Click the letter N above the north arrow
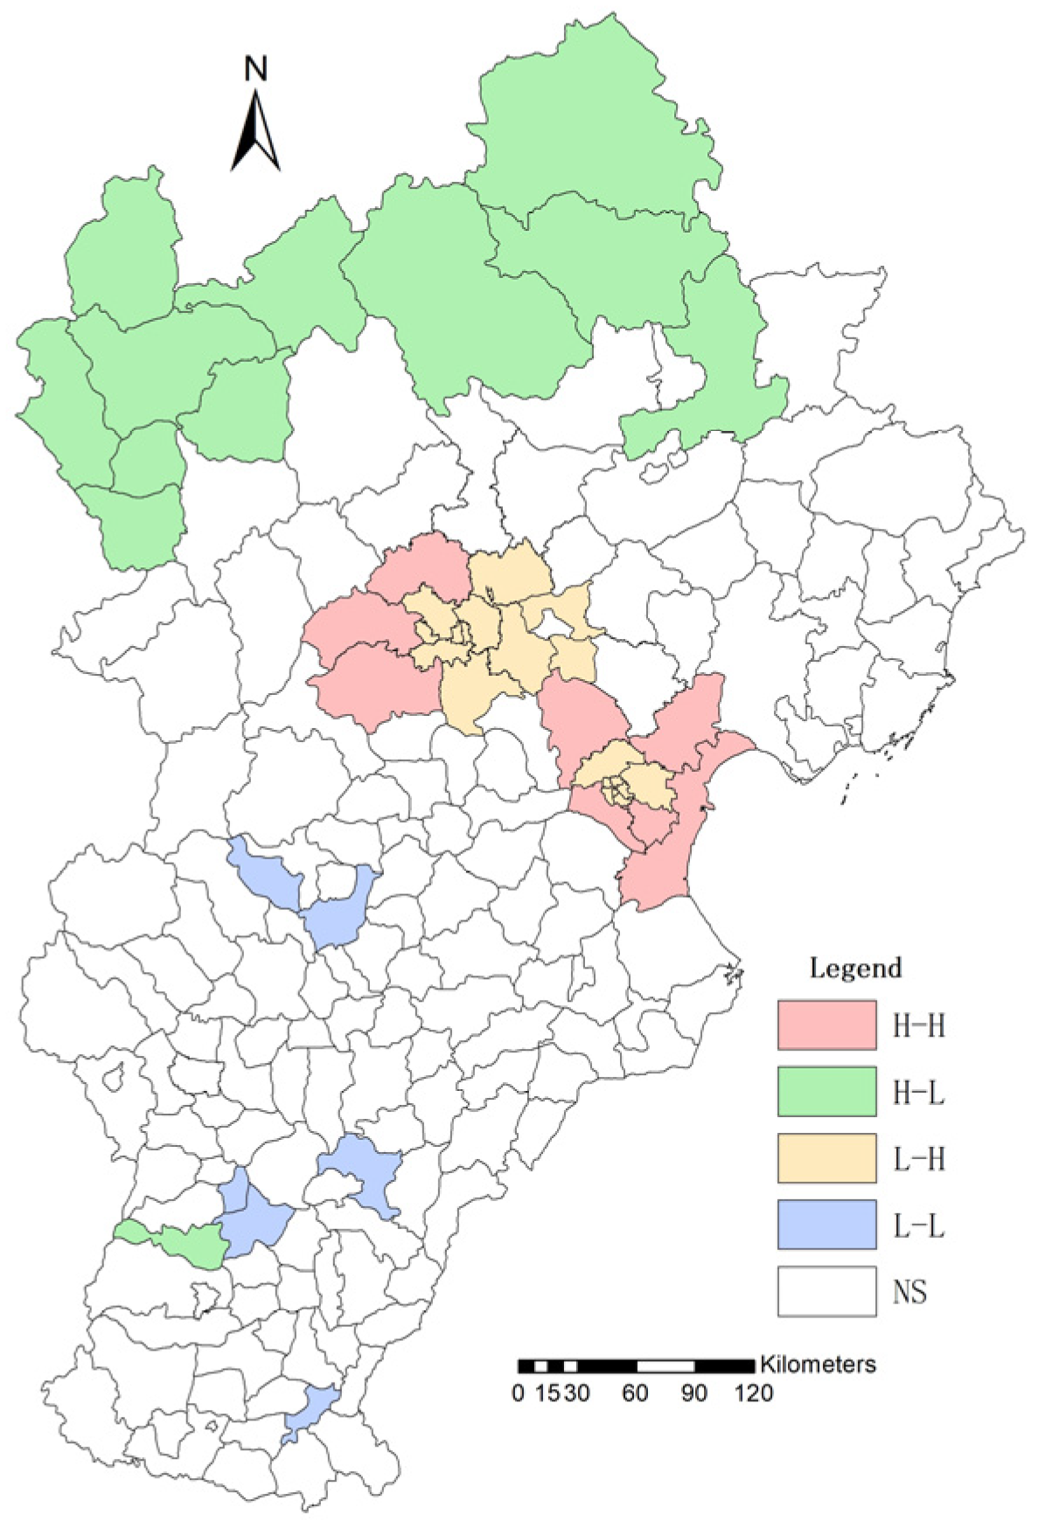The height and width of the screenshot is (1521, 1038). click(x=255, y=69)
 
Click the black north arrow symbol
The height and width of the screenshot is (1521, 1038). click(x=255, y=133)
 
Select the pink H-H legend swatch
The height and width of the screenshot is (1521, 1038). click(x=826, y=1024)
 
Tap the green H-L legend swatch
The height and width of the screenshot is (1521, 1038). click(x=826, y=1091)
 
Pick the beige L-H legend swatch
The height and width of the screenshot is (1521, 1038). click(x=826, y=1158)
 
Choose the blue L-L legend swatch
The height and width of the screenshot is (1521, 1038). click(x=826, y=1225)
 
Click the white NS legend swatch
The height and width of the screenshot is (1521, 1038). click(x=826, y=1291)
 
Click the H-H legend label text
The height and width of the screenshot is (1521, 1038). click(x=918, y=1025)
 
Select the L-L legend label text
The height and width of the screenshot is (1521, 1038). click(x=918, y=1226)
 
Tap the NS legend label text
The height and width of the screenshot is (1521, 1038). click(x=909, y=1292)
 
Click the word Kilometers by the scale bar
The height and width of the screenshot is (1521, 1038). click(x=818, y=1364)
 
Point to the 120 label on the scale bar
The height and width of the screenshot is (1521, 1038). click(x=754, y=1393)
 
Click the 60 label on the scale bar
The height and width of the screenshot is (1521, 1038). click(x=635, y=1393)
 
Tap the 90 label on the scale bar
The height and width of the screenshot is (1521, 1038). click(x=694, y=1393)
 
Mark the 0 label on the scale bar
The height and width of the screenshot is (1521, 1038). click(x=519, y=1393)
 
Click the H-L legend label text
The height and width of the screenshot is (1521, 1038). click(x=918, y=1092)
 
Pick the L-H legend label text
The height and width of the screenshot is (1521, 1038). click(x=918, y=1159)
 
